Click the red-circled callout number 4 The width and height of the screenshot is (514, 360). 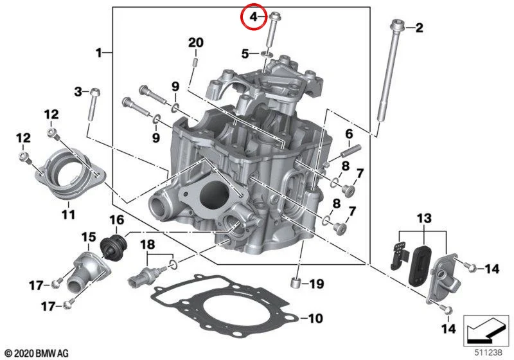tap(254, 17)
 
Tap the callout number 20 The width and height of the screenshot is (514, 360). tap(196, 42)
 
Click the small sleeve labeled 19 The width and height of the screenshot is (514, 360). tap(296, 282)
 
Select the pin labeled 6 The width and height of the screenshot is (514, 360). tap(351, 150)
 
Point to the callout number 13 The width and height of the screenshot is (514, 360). tap(424, 219)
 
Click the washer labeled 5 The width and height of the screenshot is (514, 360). tap(267, 53)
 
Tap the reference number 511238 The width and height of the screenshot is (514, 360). tap(488, 352)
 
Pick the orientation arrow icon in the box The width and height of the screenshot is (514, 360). tap(486, 330)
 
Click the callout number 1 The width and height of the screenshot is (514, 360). tap(99, 53)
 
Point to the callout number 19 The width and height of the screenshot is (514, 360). tap(317, 284)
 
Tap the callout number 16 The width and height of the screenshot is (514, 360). tap(117, 220)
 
